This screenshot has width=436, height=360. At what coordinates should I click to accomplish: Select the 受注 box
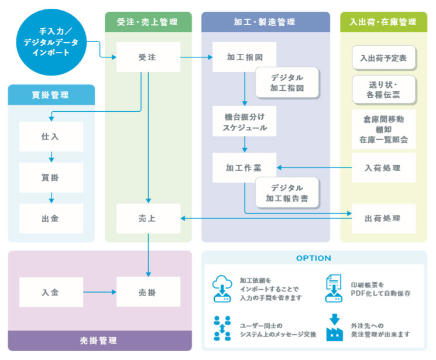[x=148, y=57]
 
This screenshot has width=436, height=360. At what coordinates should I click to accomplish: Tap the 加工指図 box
[x=244, y=57]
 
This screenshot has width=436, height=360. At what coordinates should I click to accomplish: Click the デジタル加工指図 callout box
[x=287, y=83]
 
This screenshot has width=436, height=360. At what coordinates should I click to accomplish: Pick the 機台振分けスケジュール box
[x=244, y=122]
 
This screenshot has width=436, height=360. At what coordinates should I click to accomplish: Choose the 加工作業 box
[x=244, y=167]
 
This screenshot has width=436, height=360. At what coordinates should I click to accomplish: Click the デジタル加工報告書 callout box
[x=287, y=193]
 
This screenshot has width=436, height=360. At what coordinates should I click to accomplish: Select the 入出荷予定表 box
[x=383, y=59]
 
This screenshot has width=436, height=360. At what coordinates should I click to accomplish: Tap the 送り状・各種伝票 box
[x=383, y=89]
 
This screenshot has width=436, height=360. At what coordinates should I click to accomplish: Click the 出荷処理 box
[x=383, y=218]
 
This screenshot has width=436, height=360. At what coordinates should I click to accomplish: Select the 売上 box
[x=148, y=218]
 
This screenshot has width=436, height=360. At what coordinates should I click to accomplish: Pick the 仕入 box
[x=51, y=136]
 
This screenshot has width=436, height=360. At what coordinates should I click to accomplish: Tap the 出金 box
[x=51, y=218]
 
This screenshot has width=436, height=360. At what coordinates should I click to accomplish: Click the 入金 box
[x=51, y=292]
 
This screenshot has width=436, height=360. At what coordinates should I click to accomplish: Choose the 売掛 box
[x=148, y=292]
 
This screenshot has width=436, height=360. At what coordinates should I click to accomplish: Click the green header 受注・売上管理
[x=148, y=22]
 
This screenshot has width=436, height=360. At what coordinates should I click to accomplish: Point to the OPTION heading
[x=314, y=258]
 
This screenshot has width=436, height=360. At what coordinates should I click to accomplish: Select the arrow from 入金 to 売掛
[x=99, y=292]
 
